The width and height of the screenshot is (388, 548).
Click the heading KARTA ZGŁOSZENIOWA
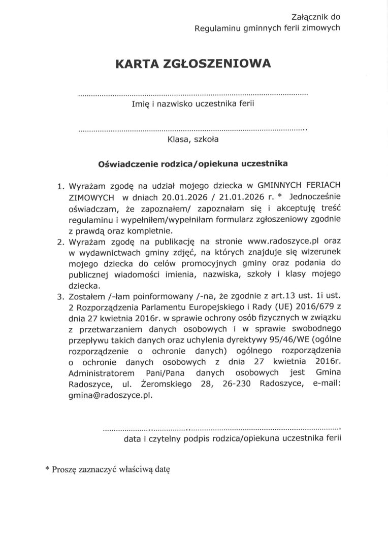click(x=193, y=63)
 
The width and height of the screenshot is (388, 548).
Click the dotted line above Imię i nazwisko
click(x=193, y=95)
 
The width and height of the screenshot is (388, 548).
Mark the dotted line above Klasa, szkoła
click(x=193, y=130)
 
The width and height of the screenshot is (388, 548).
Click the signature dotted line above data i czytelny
click(x=222, y=429)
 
